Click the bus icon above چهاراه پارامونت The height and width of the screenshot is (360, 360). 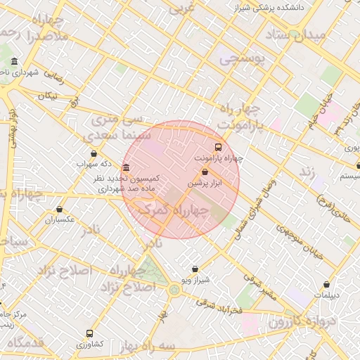pos(217,148)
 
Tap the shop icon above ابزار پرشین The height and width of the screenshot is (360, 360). pos(205,172)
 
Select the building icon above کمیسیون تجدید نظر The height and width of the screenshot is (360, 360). pos(126,168)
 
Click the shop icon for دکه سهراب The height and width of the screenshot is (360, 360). pos(94,153)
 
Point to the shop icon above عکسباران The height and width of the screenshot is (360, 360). pos(60,209)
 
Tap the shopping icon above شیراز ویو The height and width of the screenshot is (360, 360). pos(195,269)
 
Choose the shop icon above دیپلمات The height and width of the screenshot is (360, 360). pos(327,284)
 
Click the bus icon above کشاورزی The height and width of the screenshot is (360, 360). pos(89,333)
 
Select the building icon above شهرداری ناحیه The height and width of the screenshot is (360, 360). pos(15,61)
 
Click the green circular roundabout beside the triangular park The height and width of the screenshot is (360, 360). pos(174,289)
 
